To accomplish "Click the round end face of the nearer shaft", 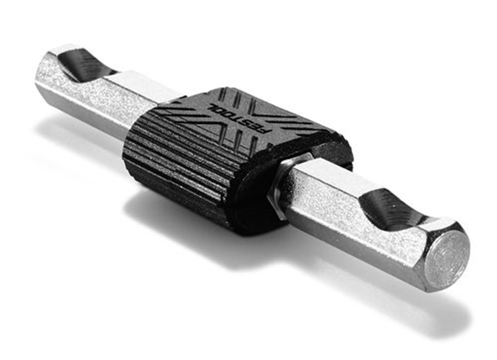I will (447, 256).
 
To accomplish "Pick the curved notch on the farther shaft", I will (84, 65).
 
